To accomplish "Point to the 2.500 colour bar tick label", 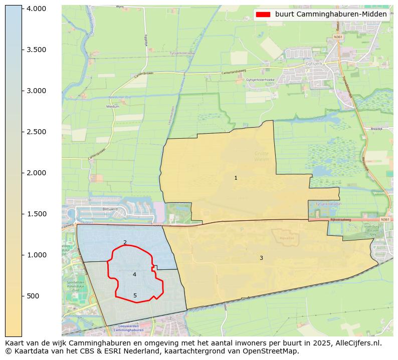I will [36, 132].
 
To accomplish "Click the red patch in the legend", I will [263, 15].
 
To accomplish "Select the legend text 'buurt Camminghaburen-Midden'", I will [331, 15].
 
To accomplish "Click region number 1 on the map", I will [236, 178].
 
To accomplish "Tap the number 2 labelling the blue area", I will [125, 242].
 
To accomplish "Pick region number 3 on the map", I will [261, 258].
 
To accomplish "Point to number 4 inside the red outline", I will [134, 274].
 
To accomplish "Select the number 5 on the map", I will [135, 296].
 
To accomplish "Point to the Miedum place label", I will [113, 107].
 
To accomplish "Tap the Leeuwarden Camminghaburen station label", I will [130, 329].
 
